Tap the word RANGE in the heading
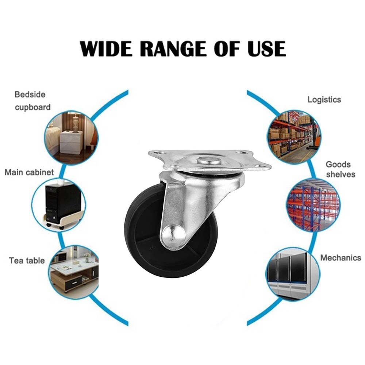(173, 49)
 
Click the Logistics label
(324, 100)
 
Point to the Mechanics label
(341, 258)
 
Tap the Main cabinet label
(29, 172)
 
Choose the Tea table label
(27, 261)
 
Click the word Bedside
(30, 95)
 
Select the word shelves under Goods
(341, 174)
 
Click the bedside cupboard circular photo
(71, 137)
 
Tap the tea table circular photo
(74, 272)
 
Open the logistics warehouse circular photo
(294, 137)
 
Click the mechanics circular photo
(293, 274)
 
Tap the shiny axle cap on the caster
(173, 236)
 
